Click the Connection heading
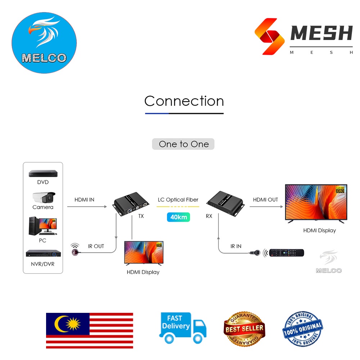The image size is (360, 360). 184,101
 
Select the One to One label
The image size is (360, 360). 183,144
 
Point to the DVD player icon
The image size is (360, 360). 43,173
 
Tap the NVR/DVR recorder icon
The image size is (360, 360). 43,253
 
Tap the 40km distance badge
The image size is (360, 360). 179,217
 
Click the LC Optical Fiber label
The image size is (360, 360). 178,200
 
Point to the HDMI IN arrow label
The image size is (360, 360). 84,199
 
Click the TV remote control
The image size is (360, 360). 286,253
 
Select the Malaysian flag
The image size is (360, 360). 89,330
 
